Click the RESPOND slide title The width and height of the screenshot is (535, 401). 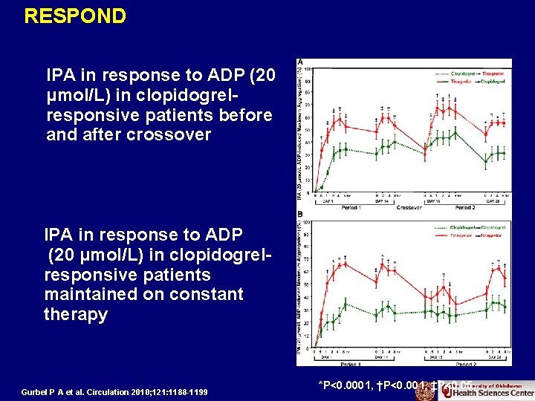tap(75, 16)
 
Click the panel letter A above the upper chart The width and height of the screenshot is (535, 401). tap(300, 62)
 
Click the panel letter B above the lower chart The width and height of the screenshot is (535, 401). tap(300, 216)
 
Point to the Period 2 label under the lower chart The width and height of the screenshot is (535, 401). tap(465, 365)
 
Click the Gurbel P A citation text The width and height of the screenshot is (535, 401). tap(116, 391)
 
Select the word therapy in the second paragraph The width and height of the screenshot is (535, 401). tap(76, 315)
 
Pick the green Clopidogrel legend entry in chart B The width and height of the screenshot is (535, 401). tap(438, 226)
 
